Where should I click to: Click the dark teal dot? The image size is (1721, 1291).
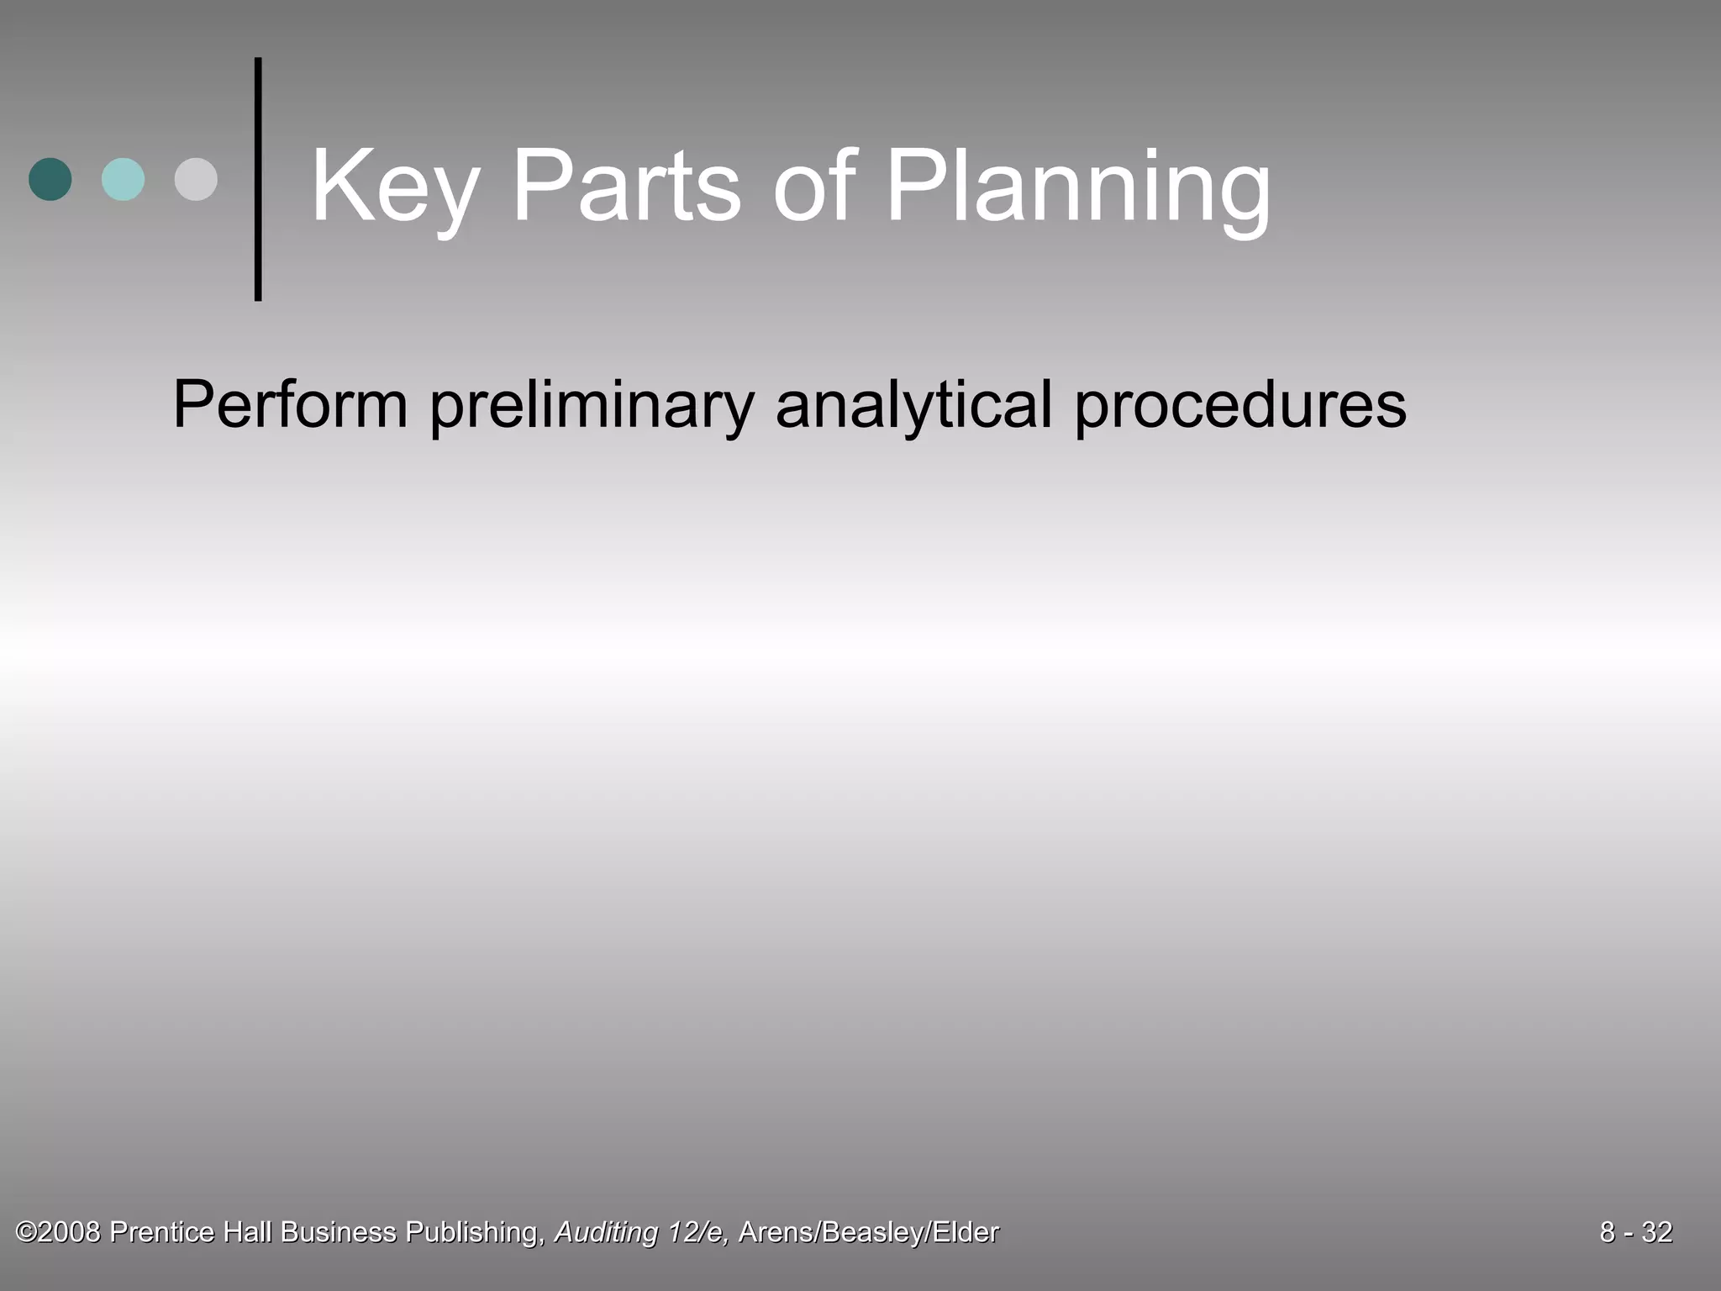(x=50, y=179)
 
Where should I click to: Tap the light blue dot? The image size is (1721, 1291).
(x=123, y=179)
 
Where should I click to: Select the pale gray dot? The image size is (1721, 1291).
(x=196, y=179)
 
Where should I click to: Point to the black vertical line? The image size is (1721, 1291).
(x=258, y=179)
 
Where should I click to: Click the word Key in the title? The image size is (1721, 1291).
(x=395, y=187)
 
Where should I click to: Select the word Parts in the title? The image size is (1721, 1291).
(x=626, y=187)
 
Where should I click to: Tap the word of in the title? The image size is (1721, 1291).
(x=813, y=187)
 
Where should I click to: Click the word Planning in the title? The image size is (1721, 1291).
(x=1078, y=187)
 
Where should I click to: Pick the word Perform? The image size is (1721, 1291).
(x=290, y=405)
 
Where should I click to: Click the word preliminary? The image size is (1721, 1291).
(x=592, y=405)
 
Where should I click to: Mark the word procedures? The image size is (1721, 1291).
(x=1240, y=405)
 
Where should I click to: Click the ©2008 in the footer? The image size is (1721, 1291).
(x=58, y=1232)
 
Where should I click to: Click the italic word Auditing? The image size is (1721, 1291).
(x=606, y=1232)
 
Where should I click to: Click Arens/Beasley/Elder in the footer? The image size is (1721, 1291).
(x=869, y=1232)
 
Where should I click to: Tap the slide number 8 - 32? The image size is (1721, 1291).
(x=1635, y=1232)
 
